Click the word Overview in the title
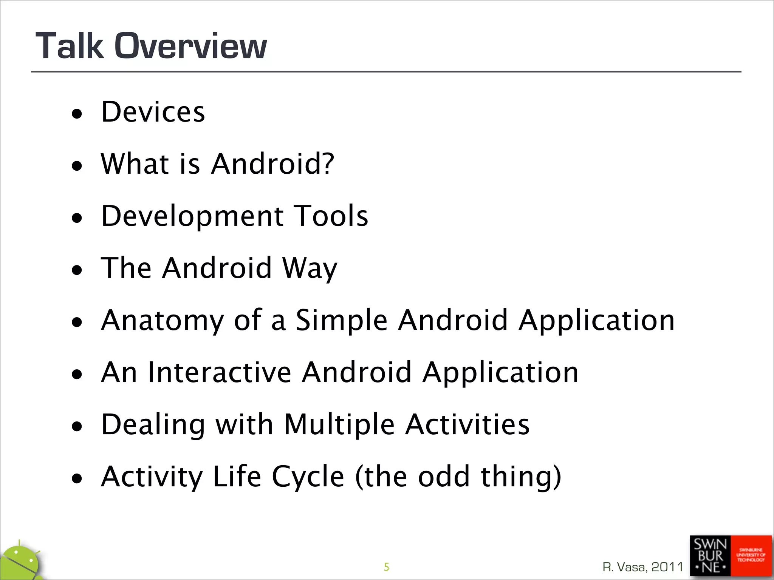(x=191, y=46)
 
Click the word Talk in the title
(x=70, y=46)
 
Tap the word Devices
(x=153, y=112)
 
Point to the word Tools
(x=331, y=216)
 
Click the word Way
(x=310, y=268)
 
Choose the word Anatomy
(x=163, y=321)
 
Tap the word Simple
(x=341, y=320)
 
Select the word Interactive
(x=219, y=372)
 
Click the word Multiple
(x=339, y=424)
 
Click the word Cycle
(x=308, y=477)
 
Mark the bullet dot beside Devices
(x=77, y=114)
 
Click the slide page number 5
(x=386, y=567)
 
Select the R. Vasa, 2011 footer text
(x=643, y=567)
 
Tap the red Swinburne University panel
(x=751, y=555)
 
